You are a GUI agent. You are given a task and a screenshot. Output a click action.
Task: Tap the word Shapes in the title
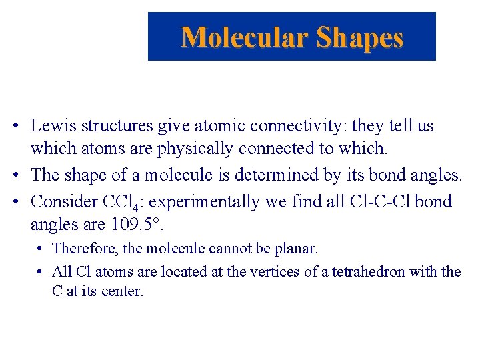pos(360,37)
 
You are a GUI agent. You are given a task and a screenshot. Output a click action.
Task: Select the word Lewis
pos(52,126)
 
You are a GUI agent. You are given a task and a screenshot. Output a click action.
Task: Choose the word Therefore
pos(84,249)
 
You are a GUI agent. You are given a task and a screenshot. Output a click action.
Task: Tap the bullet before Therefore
pos(41,249)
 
